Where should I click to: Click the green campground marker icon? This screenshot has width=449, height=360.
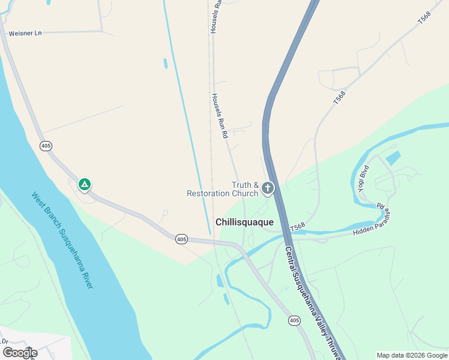tap(85, 184)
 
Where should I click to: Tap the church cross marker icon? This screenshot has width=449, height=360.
tap(267, 188)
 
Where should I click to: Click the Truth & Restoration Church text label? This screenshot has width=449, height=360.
tap(223, 189)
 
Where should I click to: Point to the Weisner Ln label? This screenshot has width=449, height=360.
tap(25, 34)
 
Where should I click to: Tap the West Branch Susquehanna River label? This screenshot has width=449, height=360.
tap(62, 240)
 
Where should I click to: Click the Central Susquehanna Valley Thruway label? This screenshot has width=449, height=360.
tap(312, 303)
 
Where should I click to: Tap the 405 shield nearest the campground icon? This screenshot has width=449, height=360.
tap(46, 146)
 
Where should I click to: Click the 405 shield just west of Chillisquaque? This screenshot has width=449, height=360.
tap(182, 239)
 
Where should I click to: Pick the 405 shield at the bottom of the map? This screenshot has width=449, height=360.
tap(294, 321)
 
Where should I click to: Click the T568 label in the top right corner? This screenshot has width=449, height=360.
tap(424, 18)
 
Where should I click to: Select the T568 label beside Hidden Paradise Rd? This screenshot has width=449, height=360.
tap(298, 227)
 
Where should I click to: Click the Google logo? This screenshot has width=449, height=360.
tap(20, 353)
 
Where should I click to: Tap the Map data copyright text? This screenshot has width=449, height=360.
tap(412, 355)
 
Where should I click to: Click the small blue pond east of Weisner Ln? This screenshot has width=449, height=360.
tap(164, 63)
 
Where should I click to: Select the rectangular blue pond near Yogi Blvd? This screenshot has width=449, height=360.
tap(393, 158)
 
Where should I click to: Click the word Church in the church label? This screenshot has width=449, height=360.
tap(244, 194)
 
